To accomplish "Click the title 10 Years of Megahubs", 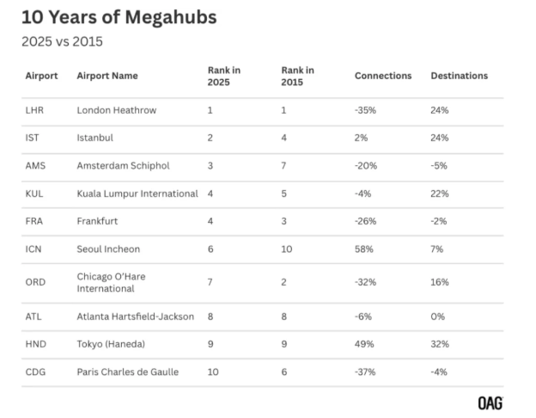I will (x=119, y=17).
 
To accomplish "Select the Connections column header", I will (x=382, y=76).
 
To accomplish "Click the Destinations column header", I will (x=459, y=76).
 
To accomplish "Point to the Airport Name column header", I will (x=107, y=76).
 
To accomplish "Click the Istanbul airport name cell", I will (x=94, y=138).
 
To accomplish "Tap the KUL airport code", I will (x=34, y=194).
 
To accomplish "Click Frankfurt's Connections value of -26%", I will (x=365, y=221).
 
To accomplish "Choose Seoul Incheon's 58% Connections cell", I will (x=363, y=249).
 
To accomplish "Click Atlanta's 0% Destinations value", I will (x=437, y=317).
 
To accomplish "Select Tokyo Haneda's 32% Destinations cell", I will (x=439, y=344).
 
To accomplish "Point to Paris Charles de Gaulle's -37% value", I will (x=365, y=372).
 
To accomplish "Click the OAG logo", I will (x=490, y=403).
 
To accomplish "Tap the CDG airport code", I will (x=35, y=372).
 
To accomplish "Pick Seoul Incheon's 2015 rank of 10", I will (x=287, y=249).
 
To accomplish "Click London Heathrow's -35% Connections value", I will (x=365, y=110).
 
